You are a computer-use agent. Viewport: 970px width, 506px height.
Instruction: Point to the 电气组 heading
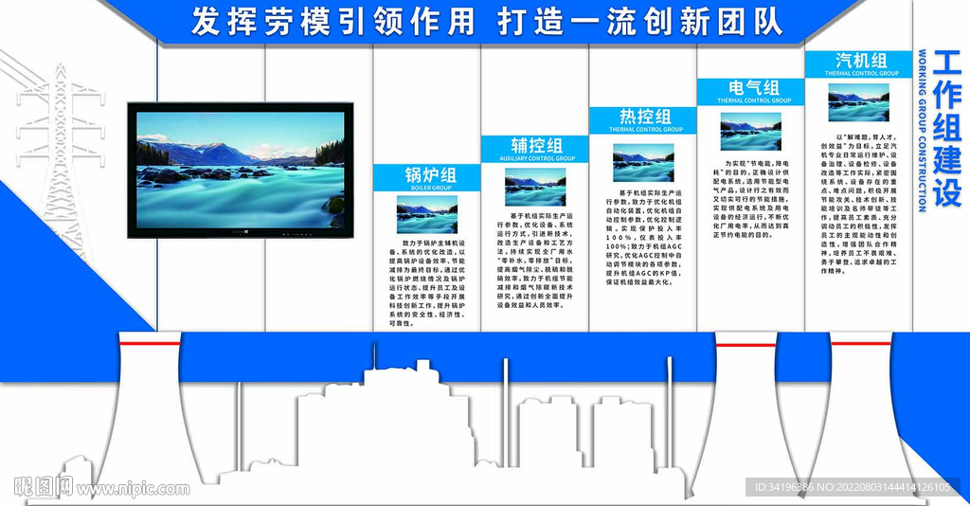click(752, 87)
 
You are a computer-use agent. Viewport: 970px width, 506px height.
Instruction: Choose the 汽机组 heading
click(860, 60)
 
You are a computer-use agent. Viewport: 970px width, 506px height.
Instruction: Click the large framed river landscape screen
click(240, 170)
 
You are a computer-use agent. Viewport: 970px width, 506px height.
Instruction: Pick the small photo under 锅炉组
click(426, 215)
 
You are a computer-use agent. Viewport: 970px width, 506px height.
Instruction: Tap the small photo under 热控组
click(643, 162)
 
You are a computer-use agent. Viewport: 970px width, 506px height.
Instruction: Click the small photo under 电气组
click(751, 131)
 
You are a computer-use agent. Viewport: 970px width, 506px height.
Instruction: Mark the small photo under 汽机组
click(859, 102)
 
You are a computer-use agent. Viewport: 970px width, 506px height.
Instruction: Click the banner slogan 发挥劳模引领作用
click(332, 21)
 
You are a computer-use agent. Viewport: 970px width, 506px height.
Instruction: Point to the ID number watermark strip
click(853, 487)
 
